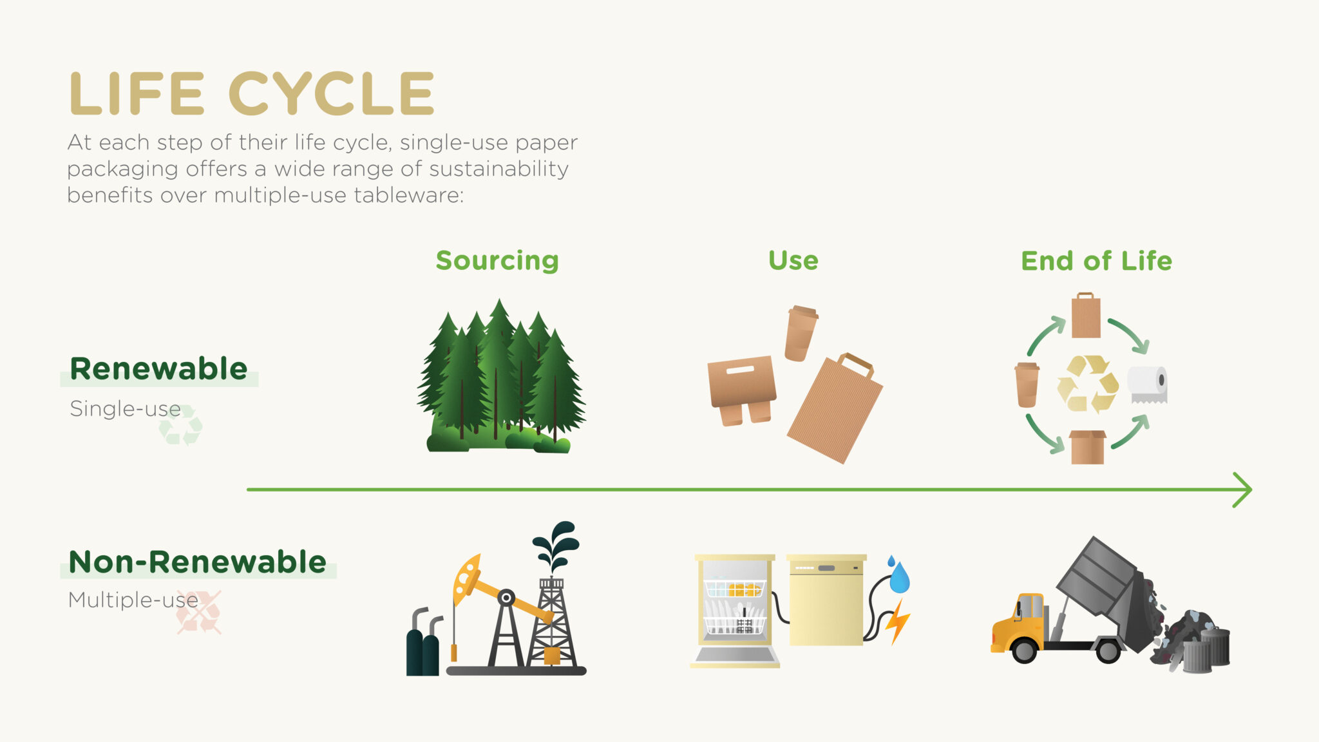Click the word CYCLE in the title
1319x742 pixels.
pyautogui.click(x=332, y=94)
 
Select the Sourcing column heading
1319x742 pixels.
pyautogui.click(x=497, y=261)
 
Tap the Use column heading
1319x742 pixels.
pyautogui.click(x=793, y=261)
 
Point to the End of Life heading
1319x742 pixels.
pyautogui.click(x=1096, y=261)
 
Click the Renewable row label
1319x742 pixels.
pyautogui.click(x=158, y=369)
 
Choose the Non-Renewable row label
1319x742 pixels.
pyautogui.click(x=197, y=562)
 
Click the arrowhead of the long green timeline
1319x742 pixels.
pyautogui.click(x=1243, y=490)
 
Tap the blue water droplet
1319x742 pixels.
pyautogui.click(x=899, y=577)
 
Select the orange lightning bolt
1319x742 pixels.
pyautogui.click(x=897, y=622)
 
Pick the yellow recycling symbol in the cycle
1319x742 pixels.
pyautogui.click(x=1087, y=384)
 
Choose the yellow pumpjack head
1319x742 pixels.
pyautogui.click(x=466, y=576)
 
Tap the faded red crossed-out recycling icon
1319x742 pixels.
pyautogui.click(x=199, y=613)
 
